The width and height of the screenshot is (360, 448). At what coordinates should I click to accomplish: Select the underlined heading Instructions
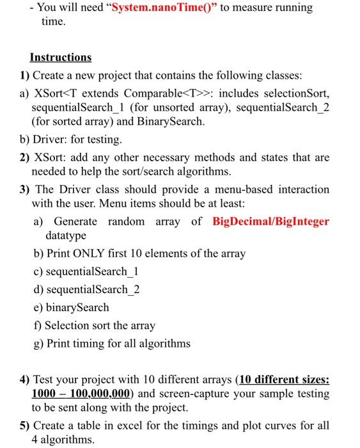pos(61,57)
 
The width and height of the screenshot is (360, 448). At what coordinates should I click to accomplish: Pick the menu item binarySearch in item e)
pos(77,307)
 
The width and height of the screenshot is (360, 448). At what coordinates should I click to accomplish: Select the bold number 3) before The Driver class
pos(25,189)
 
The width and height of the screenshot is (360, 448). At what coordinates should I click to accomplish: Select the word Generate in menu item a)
pos(75,221)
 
